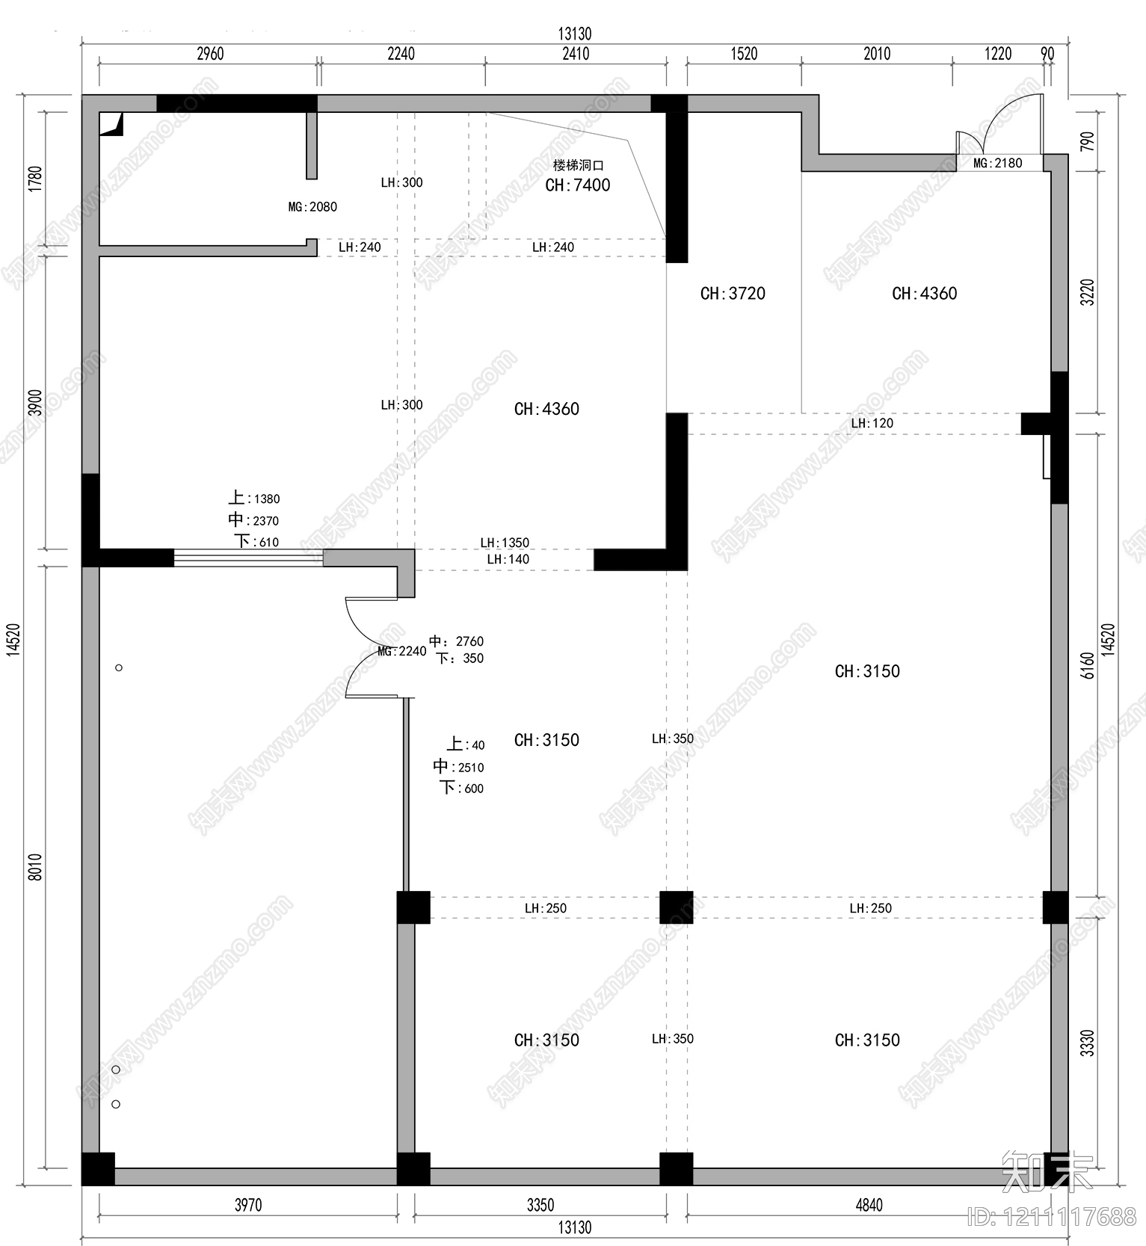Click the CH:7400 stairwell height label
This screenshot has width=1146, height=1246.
coord(578,185)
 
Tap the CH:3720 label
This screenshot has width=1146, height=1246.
coord(733,294)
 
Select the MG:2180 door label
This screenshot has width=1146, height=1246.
coord(998,163)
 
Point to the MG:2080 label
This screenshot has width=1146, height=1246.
coord(312,206)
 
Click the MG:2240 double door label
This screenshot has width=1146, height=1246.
coord(402,651)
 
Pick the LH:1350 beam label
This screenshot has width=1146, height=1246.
coord(505,543)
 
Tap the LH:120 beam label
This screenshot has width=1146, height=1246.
coord(872,423)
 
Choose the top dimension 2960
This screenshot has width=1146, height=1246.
coord(210,54)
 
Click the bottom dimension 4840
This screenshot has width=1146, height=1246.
coord(869,1204)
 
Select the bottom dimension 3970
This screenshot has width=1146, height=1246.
coord(248,1204)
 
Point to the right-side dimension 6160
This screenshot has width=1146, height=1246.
coord(1088,665)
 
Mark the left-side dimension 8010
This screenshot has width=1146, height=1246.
coord(35,867)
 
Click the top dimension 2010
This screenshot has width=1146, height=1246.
coord(877,54)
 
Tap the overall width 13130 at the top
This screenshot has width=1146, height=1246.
coord(575,34)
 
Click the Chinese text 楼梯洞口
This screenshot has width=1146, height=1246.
coord(578,165)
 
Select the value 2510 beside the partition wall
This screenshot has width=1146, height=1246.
coord(471,768)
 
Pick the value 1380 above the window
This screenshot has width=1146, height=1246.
coord(267,499)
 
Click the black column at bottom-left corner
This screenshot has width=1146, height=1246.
coord(98,1169)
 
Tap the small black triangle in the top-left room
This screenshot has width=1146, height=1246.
coord(113,125)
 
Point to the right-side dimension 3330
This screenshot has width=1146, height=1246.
coord(1088,1043)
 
